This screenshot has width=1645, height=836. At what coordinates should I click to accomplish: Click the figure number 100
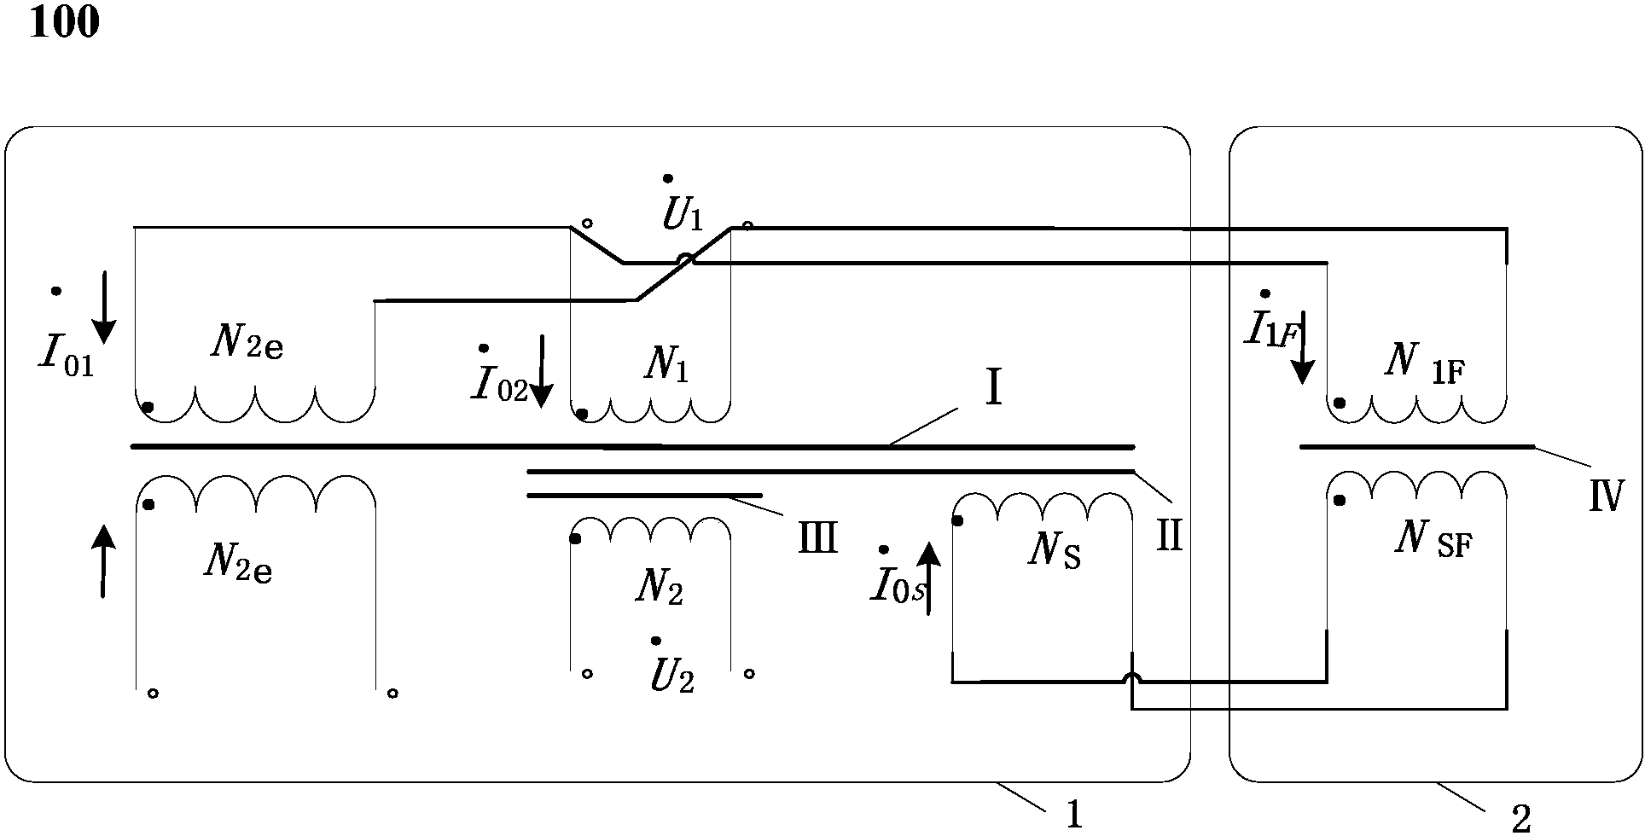tap(64, 22)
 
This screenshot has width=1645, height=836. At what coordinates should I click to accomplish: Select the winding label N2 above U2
tap(659, 588)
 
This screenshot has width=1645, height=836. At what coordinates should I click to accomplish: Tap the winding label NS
tap(1055, 552)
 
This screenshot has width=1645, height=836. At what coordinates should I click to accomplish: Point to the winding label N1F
tap(1424, 363)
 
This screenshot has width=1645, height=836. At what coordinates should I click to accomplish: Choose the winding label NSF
tap(1433, 539)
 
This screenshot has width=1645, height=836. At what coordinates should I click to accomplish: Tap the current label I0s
tap(896, 588)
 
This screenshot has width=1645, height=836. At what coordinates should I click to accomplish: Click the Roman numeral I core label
tap(992, 390)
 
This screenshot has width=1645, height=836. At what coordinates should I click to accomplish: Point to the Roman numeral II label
tap(1168, 537)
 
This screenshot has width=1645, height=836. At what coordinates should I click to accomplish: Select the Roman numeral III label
tap(817, 538)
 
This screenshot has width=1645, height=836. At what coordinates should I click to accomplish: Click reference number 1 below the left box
tap(1074, 816)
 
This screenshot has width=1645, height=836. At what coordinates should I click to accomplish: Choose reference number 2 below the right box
tap(1520, 820)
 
